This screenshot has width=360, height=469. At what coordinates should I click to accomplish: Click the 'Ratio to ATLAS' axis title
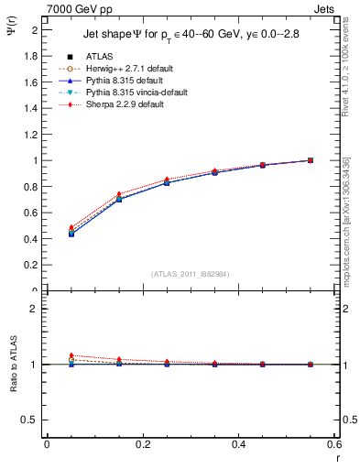12,364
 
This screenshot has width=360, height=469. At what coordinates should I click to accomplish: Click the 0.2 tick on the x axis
142,444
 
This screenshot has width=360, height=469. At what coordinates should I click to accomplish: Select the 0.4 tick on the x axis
238,444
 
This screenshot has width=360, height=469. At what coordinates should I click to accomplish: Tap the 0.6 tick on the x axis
333,444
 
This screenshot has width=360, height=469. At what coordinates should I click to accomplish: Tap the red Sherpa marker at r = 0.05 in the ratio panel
71,355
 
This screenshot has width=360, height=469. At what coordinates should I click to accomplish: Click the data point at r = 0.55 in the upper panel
310,160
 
